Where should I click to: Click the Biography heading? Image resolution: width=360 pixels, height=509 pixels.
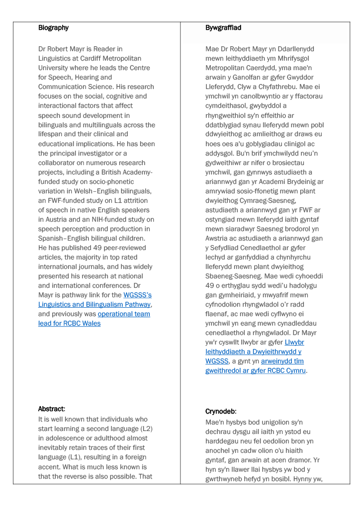pyautogui.click(x=53, y=28)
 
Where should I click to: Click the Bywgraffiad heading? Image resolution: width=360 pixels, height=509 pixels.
pyautogui.click(x=223, y=28)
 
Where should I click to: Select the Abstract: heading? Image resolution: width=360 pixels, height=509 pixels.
pyautogui.click(x=52, y=409)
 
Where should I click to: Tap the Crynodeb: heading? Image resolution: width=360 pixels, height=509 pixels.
pyautogui.click(x=221, y=412)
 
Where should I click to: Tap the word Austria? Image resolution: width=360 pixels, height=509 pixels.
pyautogui.click(x=53, y=220)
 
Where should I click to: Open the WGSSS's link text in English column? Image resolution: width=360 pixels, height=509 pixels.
pyautogui.click(x=138, y=295)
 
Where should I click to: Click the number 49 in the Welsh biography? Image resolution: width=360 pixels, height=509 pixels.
pyautogui.click(x=210, y=286)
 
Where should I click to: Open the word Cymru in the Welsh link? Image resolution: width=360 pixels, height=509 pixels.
pyautogui.click(x=295, y=371)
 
